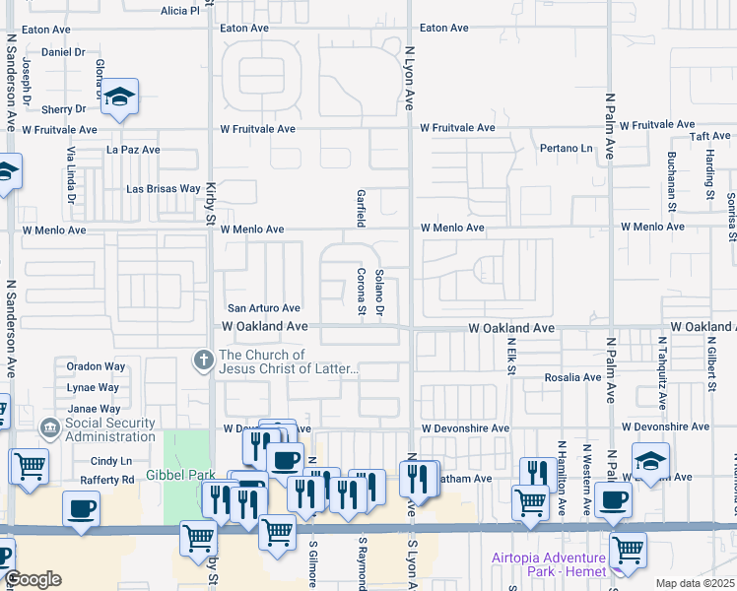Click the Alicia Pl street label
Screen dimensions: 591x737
(179, 11)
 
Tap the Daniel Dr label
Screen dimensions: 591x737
(64, 51)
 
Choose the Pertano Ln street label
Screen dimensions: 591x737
(567, 149)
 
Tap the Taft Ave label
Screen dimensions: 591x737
(709, 136)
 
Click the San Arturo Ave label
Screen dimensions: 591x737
(264, 308)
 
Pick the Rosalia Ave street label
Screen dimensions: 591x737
(573, 377)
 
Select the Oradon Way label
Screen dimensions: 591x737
(96, 366)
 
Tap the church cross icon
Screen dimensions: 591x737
(204, 361)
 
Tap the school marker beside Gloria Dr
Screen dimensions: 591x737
(120, 98)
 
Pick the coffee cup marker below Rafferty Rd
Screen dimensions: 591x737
(81, 508)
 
